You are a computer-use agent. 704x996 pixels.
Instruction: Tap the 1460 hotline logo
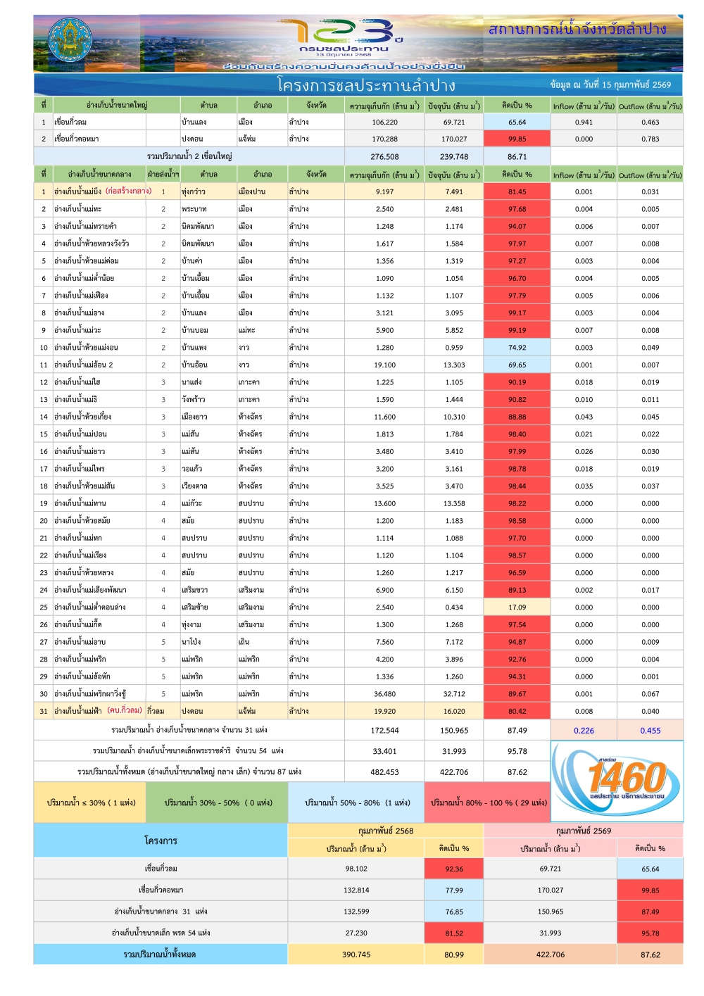pyautogui.click(x=617, y=780)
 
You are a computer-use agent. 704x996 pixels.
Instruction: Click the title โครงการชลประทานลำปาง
pyautogui.click(x=366, y=85)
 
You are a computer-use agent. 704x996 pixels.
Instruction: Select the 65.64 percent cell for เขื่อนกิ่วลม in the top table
pyautogui.click(x=517, y=122)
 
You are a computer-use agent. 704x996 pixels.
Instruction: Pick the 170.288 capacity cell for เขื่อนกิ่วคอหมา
pyautogui.click(x=384, y=139)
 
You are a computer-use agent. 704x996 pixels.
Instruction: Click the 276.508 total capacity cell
pyautogui.click(x=384, y=157)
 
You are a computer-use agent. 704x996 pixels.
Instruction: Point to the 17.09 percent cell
pyautogui.click(x=517, y=607)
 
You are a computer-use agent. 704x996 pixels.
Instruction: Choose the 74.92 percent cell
pyautogui.click(x=517, y=348)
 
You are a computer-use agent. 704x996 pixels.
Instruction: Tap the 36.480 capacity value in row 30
pyautogui.click(x=384, y=694)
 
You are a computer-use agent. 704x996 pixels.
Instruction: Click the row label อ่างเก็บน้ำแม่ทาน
pyautogui.click(x=80, y=503)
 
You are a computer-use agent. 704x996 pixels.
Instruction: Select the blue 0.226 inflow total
pyautogui.click(x=584, y=731)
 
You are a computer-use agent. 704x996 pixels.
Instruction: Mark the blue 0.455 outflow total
pyautogui.click(x=650, y=731)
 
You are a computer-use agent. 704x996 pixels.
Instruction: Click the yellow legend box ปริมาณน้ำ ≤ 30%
pyautogui.click(x=91, y=802)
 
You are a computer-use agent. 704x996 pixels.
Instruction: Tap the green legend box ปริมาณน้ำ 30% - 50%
pyautogui.click(x=218, y=802)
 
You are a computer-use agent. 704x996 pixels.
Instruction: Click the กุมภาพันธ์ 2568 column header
pyautogui.click(x=386, y=831)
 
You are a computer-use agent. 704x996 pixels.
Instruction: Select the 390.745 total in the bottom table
pyautogui.click(x=356, y=954)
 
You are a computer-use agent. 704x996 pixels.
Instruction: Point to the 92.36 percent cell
pyautogui.click(x=454, y=869)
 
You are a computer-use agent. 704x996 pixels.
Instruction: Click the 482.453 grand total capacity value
pyautogui.click(x=384, y=772)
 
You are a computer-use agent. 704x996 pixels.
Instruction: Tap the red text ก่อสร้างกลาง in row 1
pyautogui.click(x=128, y=191)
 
